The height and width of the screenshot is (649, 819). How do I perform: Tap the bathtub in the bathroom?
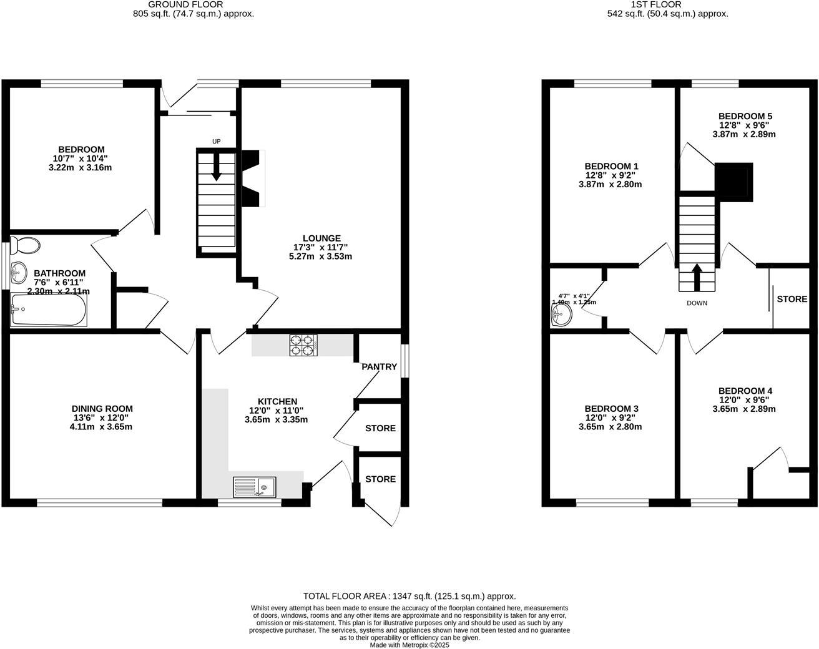point(49,310)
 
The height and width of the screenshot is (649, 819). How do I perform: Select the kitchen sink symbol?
point(255,487)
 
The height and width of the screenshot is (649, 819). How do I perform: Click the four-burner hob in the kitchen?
point(303,345)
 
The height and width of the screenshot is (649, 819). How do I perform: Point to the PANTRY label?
point(379,367)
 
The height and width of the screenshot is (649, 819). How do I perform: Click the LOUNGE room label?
point(321,238)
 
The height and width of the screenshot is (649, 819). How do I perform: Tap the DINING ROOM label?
point(102,409)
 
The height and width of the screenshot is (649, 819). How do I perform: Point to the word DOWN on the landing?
point(697,303)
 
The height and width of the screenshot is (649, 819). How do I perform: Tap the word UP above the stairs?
point(216,142)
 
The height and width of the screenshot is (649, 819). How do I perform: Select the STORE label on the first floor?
point(792,299)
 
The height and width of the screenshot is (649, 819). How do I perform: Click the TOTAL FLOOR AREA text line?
point(409,596)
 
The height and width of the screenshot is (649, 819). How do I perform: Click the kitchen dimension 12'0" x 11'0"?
point(276,411)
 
